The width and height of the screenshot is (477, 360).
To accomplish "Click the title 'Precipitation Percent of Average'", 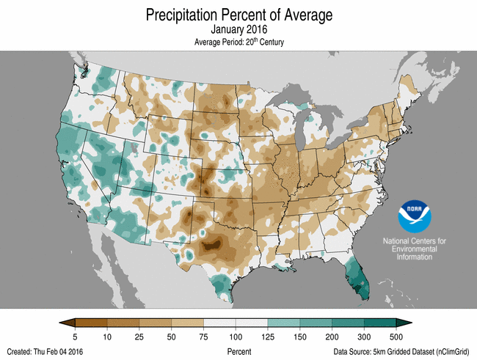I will [x=239, y=15].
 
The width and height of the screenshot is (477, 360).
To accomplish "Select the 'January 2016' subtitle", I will [x=239, y=30].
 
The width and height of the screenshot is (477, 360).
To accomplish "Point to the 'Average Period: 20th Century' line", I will [x=239, y=43].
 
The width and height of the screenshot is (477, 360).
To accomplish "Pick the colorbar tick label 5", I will [x=76, y=336].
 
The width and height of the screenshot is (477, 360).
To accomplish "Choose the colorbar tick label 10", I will [x=107, y=336].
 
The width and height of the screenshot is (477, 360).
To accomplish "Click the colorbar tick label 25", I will [x=139, y=336].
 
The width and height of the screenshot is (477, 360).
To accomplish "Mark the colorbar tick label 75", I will [x=203, y=336].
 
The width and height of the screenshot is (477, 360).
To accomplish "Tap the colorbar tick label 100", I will [x=236, y=336].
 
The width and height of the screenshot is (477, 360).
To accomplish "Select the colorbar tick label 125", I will [x=268, y=336].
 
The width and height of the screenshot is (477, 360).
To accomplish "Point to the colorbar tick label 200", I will [x=332, y=336].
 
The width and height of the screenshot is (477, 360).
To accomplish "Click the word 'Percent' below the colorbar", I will [x=239, y=352].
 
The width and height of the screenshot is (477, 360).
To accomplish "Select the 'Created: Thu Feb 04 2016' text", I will [x=48, y=352].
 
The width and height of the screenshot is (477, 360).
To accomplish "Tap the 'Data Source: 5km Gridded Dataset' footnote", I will [x=401, y=352].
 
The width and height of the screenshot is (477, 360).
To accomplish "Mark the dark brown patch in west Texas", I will [x=212, y=246].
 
